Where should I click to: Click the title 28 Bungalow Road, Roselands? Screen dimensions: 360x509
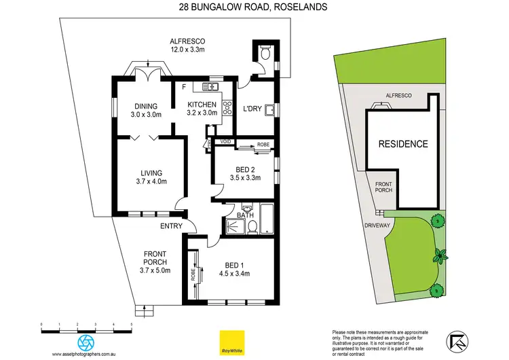(254, 7)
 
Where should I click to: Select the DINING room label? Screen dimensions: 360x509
(146, 107)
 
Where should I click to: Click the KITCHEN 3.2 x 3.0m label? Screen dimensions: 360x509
(202, 109)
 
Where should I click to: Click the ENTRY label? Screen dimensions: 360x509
(170, 226)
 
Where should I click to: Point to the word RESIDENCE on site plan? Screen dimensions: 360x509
(402, 144)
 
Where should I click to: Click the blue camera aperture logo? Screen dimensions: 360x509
(87, 342)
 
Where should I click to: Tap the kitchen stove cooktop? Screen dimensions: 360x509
(227, 104)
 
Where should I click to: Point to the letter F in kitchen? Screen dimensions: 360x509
(184, 86)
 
